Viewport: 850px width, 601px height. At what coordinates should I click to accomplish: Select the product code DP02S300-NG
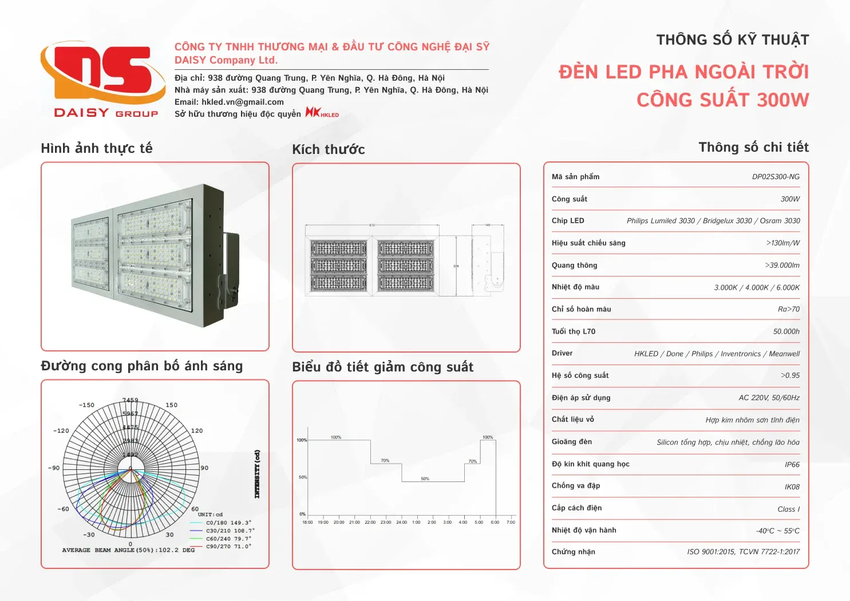pos(776,177)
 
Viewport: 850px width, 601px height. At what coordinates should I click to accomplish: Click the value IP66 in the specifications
pos(792,465)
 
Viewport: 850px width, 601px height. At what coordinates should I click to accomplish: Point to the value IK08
pos(792,487)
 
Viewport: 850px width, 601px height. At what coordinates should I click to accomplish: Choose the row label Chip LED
pos(568,221)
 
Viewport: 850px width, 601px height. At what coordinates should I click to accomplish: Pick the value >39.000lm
pos(782,266)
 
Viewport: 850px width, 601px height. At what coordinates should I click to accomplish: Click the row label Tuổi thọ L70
pos(574,331)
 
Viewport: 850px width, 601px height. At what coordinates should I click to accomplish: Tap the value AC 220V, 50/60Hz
pos(769,398)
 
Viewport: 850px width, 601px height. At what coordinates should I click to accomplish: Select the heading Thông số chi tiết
pos(753,148)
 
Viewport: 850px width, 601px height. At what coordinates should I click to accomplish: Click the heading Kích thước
pos(329,150)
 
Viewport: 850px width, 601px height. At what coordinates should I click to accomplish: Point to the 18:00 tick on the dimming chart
pos(307,522)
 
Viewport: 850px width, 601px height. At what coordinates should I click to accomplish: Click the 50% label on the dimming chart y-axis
pos(303,477)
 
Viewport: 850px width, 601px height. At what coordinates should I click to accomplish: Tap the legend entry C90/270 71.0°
pos(228,547)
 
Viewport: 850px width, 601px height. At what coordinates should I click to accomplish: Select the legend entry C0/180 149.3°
pos(228,523)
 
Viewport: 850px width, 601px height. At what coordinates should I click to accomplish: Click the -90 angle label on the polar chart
pos(54,468)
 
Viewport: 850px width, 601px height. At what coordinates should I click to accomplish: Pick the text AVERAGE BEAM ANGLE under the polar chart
pos(98,550)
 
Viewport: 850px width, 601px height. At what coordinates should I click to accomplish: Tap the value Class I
pos(788,509)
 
